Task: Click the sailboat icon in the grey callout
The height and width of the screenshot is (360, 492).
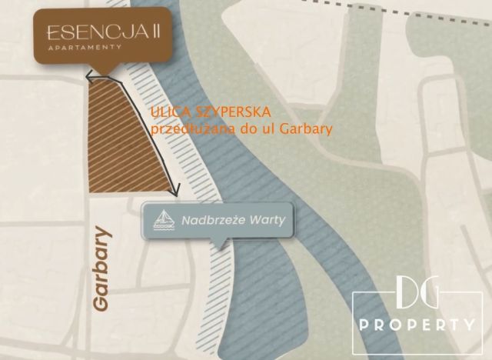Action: pos(163,221)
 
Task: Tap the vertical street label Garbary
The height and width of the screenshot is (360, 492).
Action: pos(101,267)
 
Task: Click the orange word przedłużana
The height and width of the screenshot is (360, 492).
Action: pos(187,129)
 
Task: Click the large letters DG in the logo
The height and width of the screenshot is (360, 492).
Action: pos(414,295)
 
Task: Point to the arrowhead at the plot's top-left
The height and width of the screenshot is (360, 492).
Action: pos(88,78)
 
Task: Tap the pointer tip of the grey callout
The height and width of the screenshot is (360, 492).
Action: pos(221,247)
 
